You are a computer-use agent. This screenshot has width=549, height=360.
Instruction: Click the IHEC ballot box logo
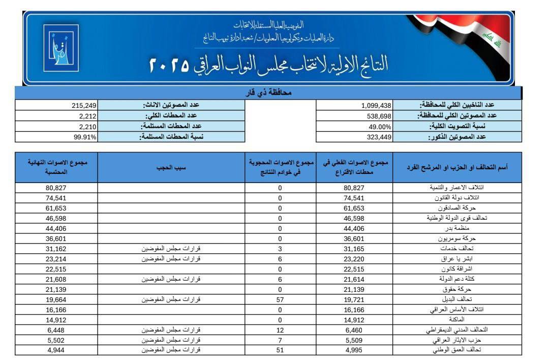point(60,48)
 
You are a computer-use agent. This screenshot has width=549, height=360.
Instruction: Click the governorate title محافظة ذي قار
point(268,93)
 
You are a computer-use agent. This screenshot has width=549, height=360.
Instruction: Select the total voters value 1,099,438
point(376,105)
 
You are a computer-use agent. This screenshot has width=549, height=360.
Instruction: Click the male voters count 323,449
point(379,137)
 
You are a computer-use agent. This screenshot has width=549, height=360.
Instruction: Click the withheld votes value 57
point(280,299)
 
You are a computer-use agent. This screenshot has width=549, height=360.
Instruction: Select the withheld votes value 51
point(280,350)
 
